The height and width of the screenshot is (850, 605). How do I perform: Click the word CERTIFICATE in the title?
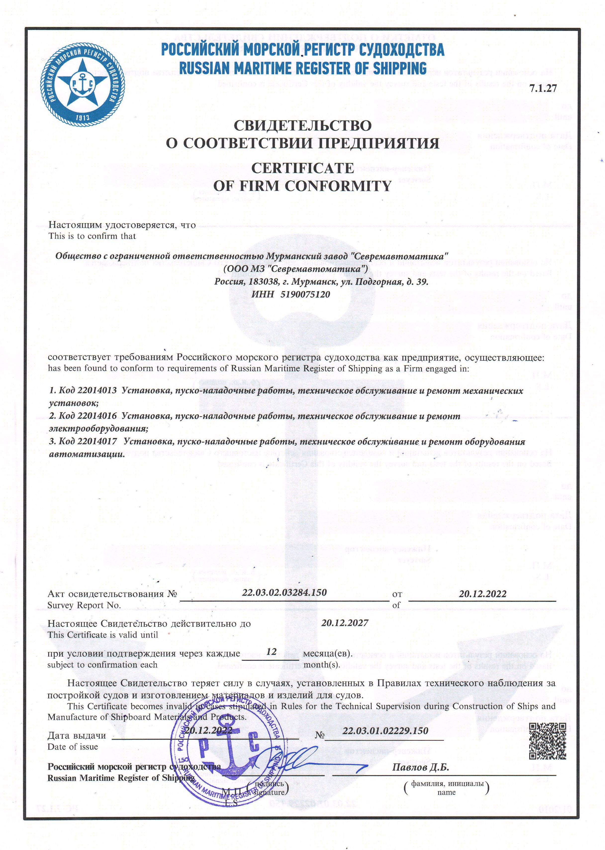tap(302, 168)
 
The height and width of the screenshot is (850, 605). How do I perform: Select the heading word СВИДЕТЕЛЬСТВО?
tap(302, 125)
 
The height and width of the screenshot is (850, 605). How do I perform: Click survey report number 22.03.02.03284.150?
tap(284, 592)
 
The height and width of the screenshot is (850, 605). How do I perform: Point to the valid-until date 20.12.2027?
tap(345, 623)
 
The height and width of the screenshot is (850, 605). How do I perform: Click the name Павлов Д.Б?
tap(420, 767)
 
